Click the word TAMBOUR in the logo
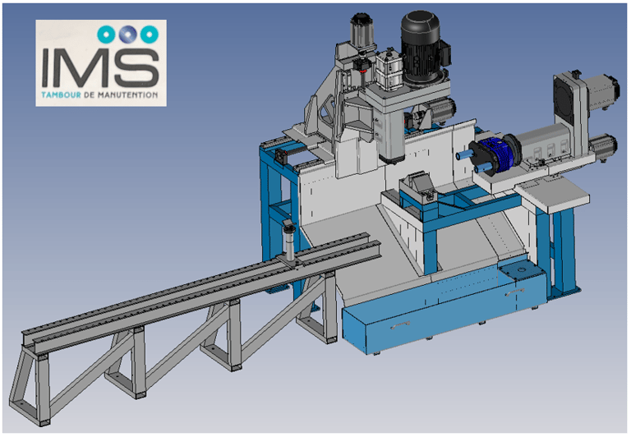[61, 95]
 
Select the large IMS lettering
[100, 67]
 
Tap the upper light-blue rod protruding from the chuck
[466, 154]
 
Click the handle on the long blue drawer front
[400, 325]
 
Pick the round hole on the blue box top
[522, 271]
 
